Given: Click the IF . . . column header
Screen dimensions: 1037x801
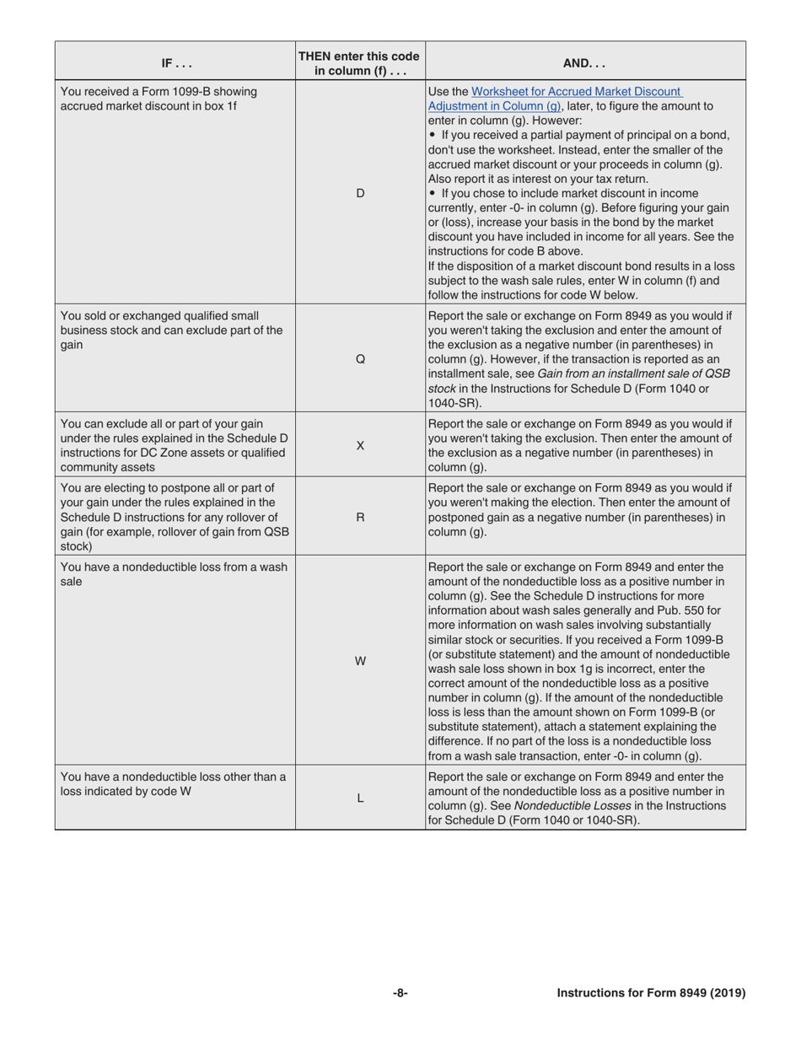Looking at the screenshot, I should point(175,62).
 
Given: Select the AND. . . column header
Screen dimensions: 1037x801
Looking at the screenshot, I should point(585,62).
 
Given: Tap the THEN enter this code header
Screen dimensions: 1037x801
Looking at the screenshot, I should point(360,62).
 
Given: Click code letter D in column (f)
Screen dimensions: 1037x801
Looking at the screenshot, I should point(360,193).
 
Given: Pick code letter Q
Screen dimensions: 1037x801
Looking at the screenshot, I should point(360,358).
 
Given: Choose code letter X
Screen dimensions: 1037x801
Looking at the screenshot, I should point(360,445).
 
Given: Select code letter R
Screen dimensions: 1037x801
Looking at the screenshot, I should point(360,517).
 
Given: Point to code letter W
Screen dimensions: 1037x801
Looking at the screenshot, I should point(360,661).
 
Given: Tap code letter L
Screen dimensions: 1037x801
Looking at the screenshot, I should point(360,799).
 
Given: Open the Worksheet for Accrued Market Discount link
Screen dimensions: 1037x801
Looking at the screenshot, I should point(577,91).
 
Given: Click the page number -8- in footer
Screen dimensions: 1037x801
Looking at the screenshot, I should point(400,993).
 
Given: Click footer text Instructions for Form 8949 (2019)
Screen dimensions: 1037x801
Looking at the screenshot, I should point(651,993).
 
